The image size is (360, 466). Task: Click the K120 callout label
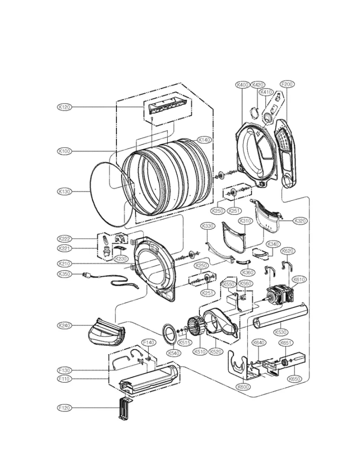coord(64,107)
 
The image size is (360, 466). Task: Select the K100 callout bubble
coord(64,151)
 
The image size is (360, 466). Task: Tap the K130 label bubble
coord(64,191)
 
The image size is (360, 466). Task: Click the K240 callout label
coord(64,325)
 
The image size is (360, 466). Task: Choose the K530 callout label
coord(280,332)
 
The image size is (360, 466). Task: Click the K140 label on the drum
coord(204,139)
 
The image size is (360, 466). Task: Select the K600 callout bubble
coord(243,386)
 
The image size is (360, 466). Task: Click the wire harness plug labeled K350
coord(87,275)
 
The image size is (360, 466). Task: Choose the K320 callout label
coord(300,220)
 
